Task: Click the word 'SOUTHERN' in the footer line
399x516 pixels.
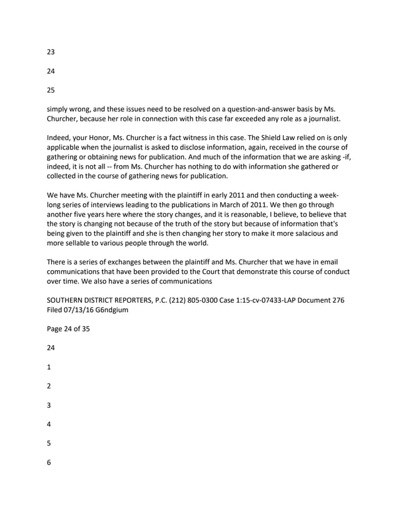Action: pos(68,300)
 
